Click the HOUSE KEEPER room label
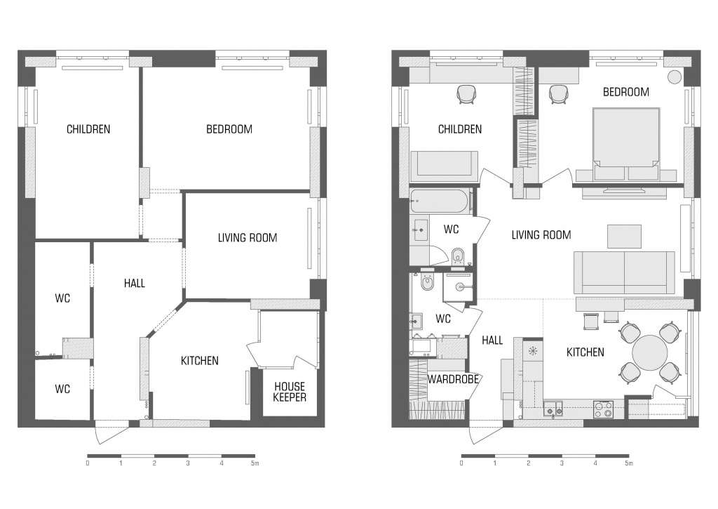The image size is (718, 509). coord(290,392)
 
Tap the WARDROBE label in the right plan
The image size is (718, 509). coord(453,379)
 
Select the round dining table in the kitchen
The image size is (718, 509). coord(649,352)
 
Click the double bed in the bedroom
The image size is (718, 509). coord(626,144)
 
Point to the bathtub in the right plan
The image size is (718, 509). coord(439,201)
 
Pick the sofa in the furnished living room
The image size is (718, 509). coord(624,272)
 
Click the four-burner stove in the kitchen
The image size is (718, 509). coord(604,409)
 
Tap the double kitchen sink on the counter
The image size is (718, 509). coord(553,408)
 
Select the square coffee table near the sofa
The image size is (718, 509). coord(624,236)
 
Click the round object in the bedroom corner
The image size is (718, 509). coord(675,77)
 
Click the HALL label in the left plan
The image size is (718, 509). coord(135,284)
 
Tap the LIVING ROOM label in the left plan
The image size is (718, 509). coord(248,237)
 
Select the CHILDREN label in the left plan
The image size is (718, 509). coord(88,129)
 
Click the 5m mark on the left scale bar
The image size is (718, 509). coord(255,463)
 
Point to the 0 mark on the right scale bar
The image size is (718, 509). coord(461,463)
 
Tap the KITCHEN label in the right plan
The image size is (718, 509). coord(585,352)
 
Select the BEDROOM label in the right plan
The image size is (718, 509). coord(626,92)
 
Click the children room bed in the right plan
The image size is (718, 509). coord(444,166)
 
